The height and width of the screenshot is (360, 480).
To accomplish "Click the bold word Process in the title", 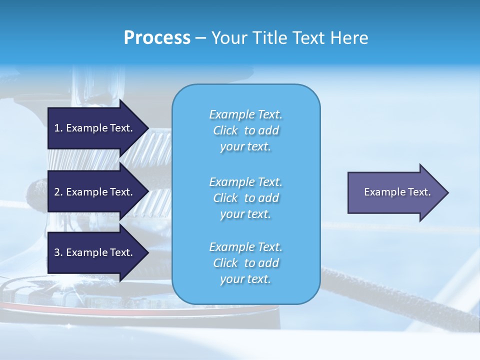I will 157,38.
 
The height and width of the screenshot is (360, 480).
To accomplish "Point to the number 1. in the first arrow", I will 58,128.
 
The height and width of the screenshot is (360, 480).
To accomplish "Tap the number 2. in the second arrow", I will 58,192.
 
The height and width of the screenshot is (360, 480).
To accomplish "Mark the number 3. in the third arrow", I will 58,252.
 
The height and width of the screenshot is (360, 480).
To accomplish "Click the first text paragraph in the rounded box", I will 245,130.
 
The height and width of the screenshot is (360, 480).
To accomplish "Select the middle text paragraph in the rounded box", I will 245,198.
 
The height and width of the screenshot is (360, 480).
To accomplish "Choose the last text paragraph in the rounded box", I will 245,263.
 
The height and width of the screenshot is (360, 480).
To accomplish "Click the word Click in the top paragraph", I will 225,130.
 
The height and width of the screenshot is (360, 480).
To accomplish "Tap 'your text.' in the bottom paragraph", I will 245,279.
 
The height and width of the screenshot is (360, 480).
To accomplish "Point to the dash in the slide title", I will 200,38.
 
